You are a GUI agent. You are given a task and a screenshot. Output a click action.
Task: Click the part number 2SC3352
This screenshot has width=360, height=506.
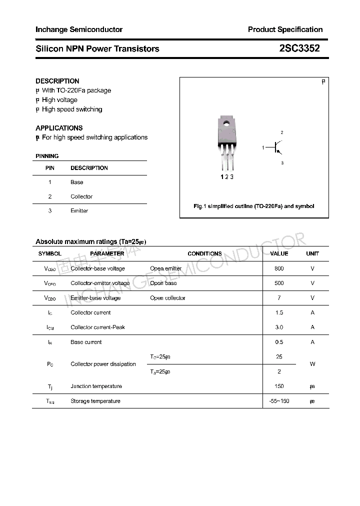(299, 48)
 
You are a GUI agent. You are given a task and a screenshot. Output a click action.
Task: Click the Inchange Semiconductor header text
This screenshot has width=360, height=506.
(79, 29)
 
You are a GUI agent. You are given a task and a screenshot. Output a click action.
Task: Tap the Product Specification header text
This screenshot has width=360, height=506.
(285, 29)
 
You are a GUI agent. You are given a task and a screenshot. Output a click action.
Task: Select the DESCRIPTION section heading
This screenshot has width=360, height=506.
(57, 81)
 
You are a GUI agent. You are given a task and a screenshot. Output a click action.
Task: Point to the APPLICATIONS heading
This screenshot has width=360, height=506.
(59, 128)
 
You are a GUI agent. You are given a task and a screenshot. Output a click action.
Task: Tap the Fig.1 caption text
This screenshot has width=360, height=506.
(254, 206)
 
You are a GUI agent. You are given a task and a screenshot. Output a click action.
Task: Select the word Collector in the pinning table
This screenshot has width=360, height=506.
(81, 196)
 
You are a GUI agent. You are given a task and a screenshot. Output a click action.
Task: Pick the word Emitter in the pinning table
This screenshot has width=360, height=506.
(79, 210)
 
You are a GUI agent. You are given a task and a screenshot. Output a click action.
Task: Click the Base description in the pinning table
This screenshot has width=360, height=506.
(77, 182)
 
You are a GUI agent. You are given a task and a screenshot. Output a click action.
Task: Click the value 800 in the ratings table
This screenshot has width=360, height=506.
(279, 268)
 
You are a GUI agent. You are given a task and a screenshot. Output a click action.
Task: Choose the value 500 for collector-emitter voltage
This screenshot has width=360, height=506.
(279, 283)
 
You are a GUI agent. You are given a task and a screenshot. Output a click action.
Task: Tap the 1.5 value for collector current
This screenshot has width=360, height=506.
(279, 312)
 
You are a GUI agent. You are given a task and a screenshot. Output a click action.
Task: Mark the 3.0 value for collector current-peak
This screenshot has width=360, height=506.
(279, 327)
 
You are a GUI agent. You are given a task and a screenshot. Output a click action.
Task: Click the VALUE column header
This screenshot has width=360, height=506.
(279, 253)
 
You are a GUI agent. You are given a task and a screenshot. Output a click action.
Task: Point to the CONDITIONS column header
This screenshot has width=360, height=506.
(205, 253)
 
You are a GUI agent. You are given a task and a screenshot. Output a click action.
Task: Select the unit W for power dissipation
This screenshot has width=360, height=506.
(312, 364)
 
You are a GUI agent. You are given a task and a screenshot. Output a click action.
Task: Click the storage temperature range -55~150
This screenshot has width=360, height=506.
(279, 401)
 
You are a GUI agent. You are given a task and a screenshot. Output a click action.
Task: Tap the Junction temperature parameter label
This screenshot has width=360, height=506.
(96, 386)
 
